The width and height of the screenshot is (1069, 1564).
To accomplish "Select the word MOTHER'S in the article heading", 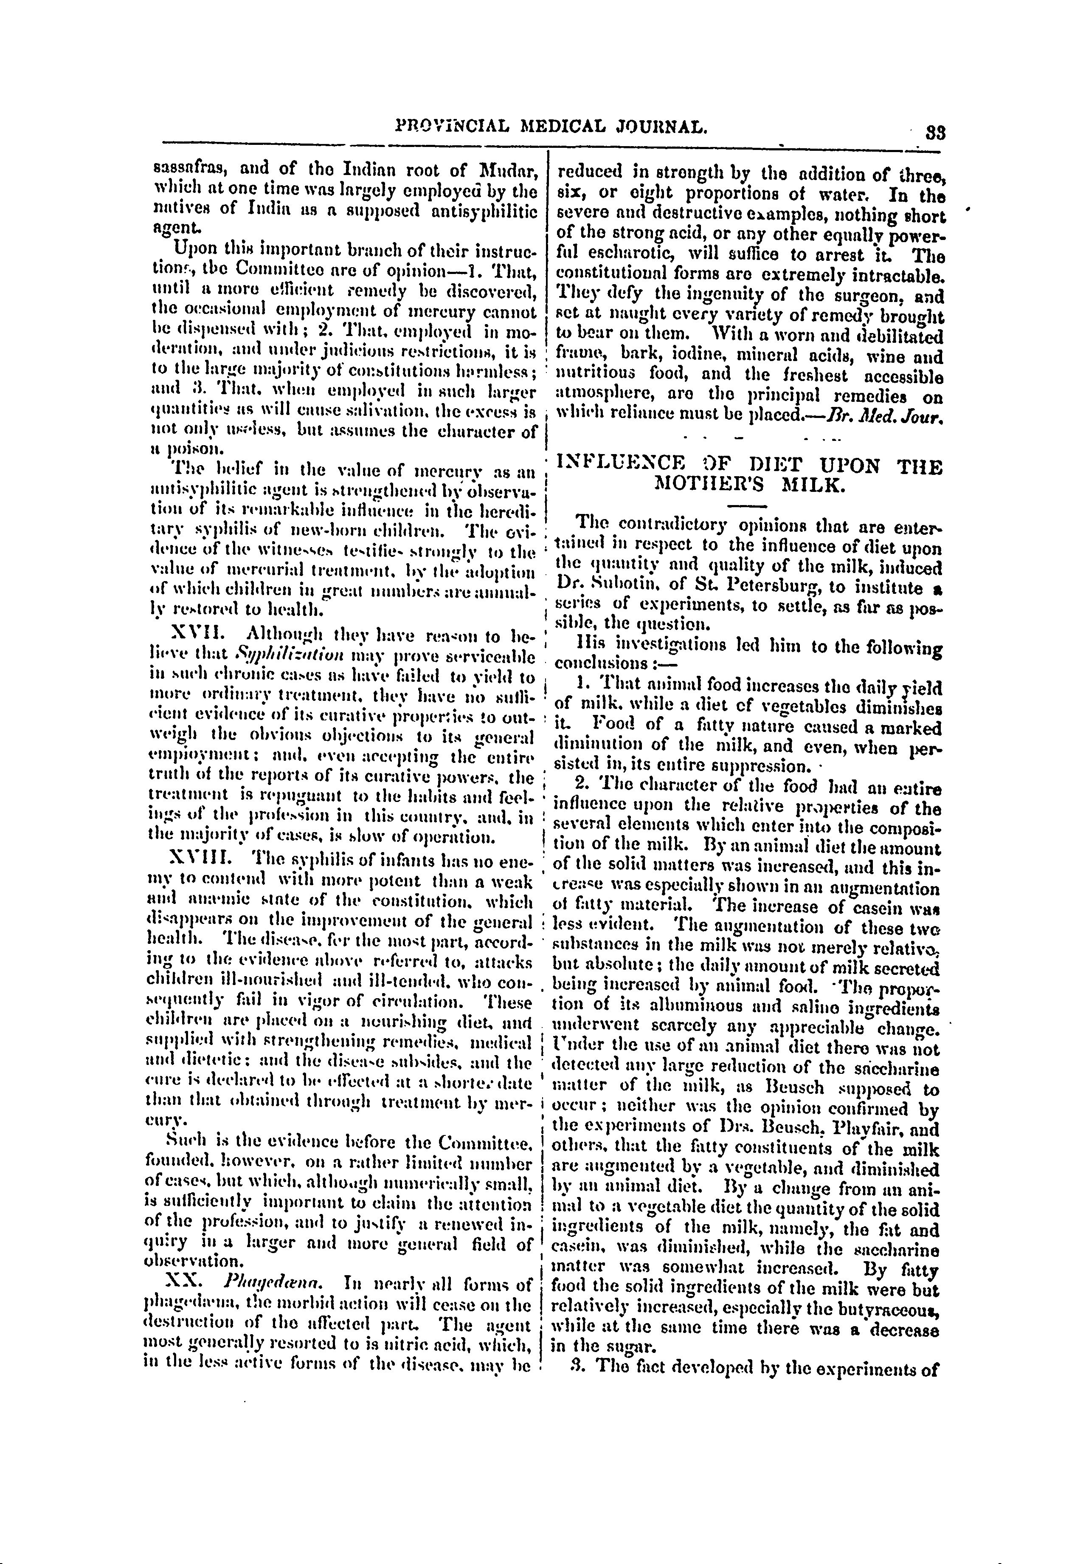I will [707, 484].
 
